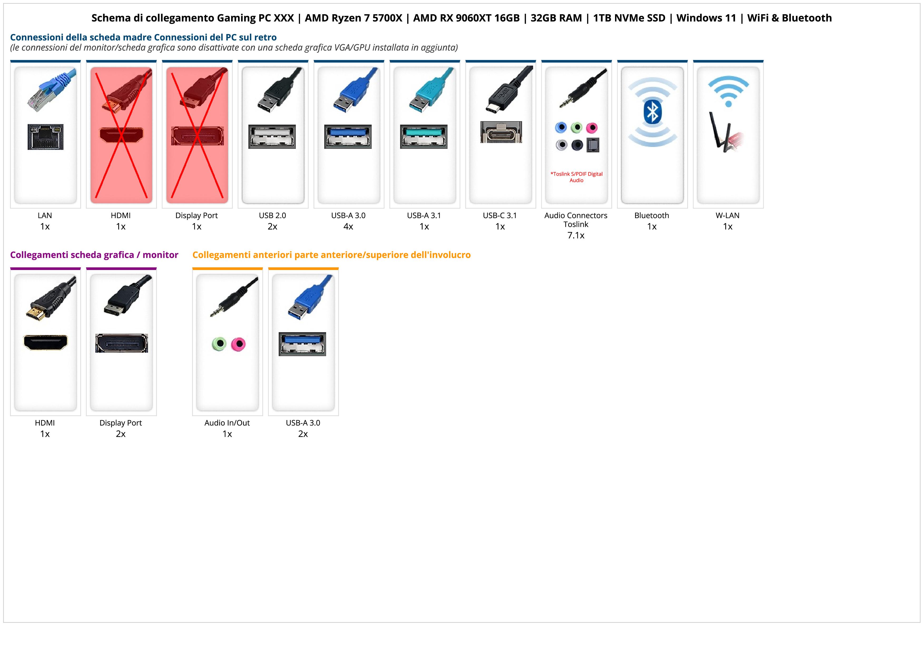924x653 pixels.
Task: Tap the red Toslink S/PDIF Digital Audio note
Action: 576,177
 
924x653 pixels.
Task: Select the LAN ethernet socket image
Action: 46,137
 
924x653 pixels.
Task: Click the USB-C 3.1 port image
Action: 501,132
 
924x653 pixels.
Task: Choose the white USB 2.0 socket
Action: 272,136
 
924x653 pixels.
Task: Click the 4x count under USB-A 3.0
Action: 348,227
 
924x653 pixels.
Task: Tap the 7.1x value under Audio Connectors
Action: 576,235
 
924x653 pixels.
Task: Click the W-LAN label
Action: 727,215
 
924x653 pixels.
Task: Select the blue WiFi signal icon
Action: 728,91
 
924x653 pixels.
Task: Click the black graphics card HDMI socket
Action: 46,342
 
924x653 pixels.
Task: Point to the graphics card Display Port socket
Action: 121,343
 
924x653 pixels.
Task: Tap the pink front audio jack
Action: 239,344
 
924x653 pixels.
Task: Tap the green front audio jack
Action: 219,344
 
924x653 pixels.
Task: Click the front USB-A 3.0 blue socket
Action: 302,344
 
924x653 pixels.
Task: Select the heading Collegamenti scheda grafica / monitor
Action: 94,255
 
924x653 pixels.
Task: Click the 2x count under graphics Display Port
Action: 121,434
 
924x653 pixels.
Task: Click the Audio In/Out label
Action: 227,423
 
